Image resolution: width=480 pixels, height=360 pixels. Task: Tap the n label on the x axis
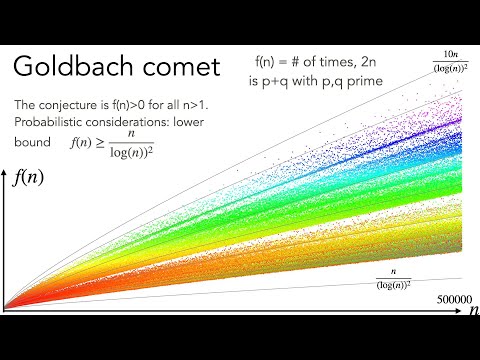coord(472,312)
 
